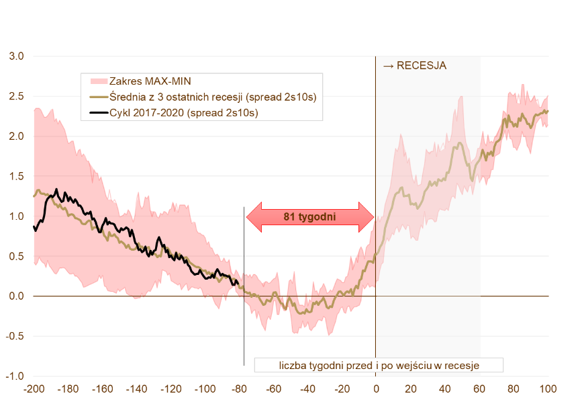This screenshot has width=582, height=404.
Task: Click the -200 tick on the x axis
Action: point(33,389)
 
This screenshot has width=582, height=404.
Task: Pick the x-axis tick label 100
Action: point(548,389)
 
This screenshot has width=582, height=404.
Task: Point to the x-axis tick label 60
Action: point(479,389)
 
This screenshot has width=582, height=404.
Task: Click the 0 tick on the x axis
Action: point(376,389)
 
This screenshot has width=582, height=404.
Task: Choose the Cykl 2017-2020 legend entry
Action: point(183,113)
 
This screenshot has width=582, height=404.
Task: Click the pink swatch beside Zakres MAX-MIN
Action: point(98,81)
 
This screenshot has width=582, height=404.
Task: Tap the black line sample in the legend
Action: point(98,113)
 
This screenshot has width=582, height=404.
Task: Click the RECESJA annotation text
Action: point(414,66)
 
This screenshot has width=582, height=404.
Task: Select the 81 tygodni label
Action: point(309,217)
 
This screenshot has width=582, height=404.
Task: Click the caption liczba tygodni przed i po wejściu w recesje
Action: point(379,366)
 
